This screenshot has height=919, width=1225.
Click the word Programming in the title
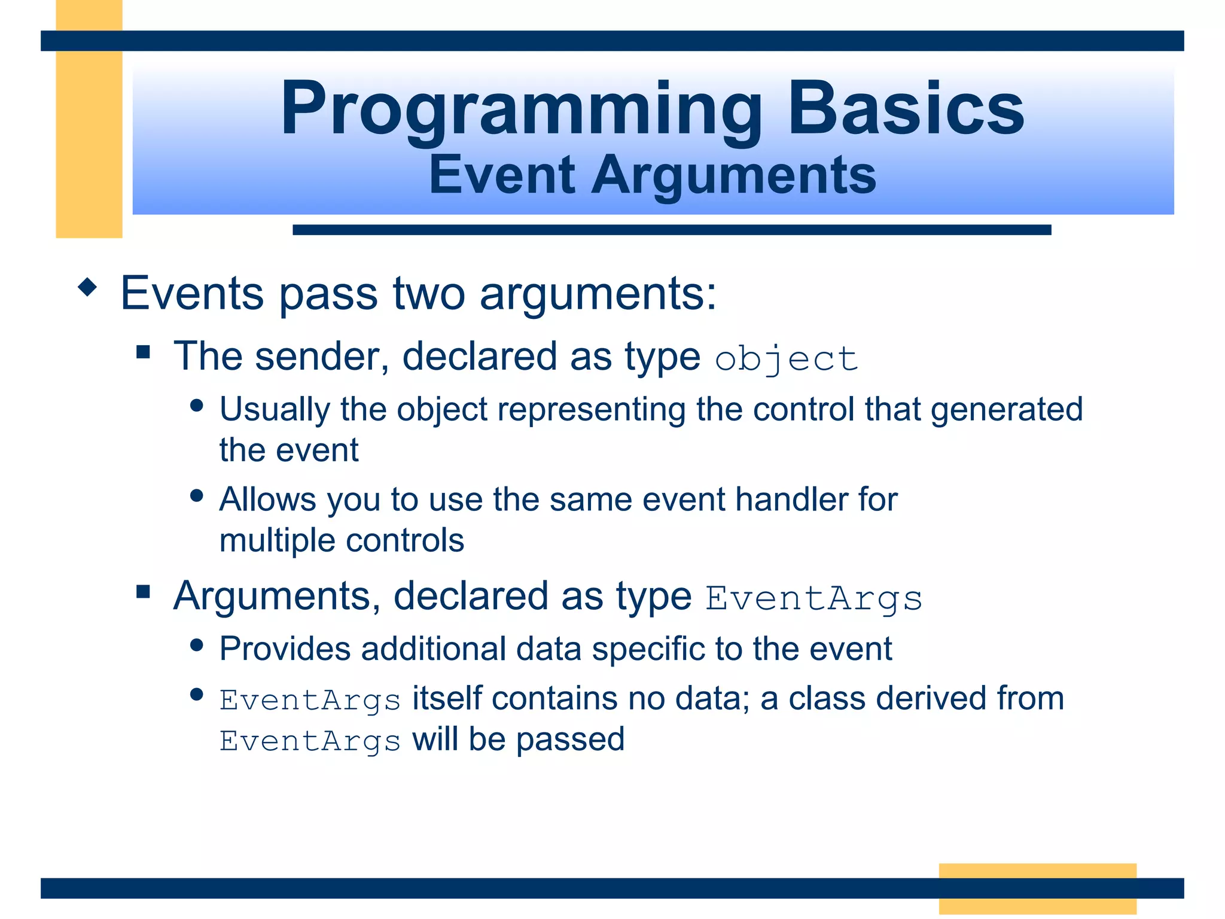coord(520,111)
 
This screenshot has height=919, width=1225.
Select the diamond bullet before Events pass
coord(88,287)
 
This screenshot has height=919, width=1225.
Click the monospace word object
coord(786,360)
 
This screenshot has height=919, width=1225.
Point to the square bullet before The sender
coord(143,351)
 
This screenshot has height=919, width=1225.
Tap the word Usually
coord(275,410)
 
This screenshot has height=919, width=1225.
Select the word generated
coord(1006,410)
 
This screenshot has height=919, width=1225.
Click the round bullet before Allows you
coord(197,495)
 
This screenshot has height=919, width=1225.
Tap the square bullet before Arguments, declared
coord(143,592)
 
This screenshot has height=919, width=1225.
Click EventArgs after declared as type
coord(813,598)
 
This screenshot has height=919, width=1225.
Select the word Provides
coord(285,649)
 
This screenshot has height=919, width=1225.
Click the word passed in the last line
coord(570,740)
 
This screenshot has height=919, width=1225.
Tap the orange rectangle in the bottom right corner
coord(1037,888)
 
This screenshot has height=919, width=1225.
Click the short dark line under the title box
coord(671,230)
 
